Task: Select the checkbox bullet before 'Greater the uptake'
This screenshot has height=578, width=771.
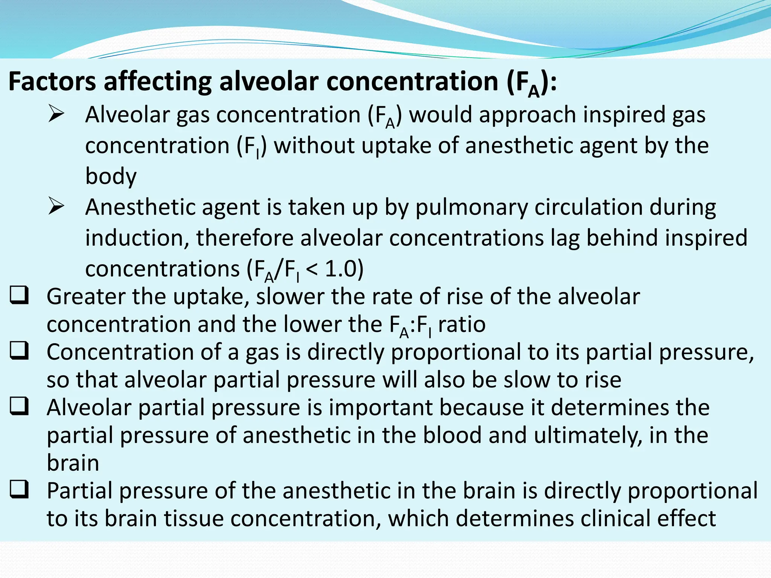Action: pos(19,295)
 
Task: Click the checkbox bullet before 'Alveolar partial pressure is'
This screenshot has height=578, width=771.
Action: pos(19,406)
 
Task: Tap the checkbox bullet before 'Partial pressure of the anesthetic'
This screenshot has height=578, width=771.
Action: pos(19,490)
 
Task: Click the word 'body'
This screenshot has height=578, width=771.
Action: pos(111,176)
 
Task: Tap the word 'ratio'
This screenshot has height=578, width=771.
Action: pos(462,324)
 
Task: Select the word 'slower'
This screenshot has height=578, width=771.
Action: pos(290,297)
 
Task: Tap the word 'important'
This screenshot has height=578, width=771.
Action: pos(380,407)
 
